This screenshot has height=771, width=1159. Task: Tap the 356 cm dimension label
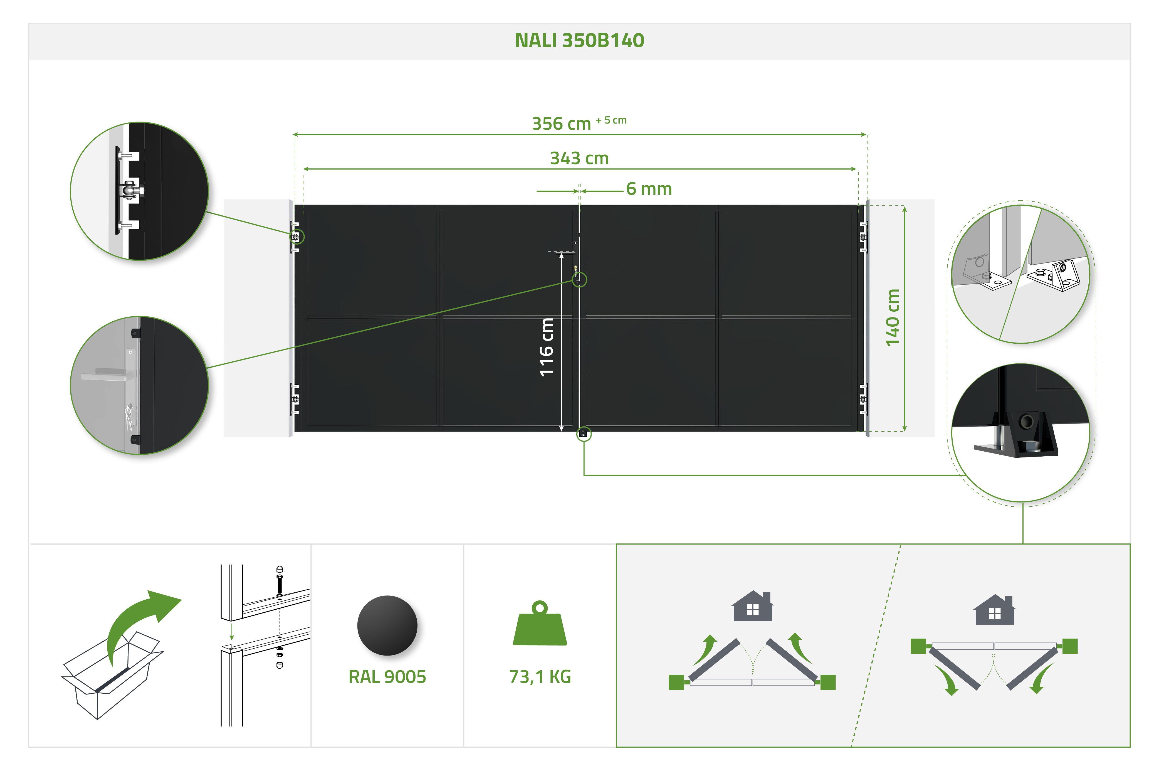[561, 124]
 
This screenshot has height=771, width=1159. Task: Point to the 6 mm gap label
[649, 189]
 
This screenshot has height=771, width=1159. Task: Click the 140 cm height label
[893, 318]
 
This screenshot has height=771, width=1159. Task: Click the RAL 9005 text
[387, 677]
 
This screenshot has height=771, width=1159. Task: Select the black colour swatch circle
[387, 625]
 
